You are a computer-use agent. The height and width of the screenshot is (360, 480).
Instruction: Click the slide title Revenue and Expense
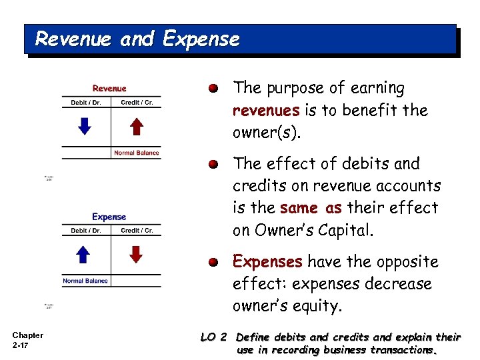(x=137, y=39)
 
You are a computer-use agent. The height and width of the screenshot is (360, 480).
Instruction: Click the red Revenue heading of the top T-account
(x=109, y=89)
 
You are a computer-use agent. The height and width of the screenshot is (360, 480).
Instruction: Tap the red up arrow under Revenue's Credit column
(x=136, y=126)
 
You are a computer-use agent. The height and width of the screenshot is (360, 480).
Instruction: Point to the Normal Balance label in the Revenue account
(x=137, y=153)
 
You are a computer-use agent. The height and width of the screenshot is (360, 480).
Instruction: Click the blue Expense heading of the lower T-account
(x=109, y=217)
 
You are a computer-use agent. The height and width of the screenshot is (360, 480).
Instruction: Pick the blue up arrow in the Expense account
(x=84, y=254)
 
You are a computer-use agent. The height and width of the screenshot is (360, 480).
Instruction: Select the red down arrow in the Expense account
(x=136, y=254)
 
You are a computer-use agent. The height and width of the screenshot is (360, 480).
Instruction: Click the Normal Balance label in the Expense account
(x=85, y=281)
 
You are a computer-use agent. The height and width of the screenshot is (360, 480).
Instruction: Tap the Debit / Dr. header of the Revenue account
(x=86, y=103)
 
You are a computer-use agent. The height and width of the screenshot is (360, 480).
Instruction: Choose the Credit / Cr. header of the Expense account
(x=137, y=231)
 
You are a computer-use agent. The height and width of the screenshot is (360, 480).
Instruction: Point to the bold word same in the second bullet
(x=299, y=208)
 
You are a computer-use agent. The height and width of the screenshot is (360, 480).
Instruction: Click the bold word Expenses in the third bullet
(x=267, y=261)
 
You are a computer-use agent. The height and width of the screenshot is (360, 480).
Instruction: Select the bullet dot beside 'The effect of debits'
(x=212, y=164)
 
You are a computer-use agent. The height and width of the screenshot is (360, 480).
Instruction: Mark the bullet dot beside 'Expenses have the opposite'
(x=212, y=262)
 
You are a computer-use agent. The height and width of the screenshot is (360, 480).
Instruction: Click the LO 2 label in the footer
(x=214, y=337)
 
